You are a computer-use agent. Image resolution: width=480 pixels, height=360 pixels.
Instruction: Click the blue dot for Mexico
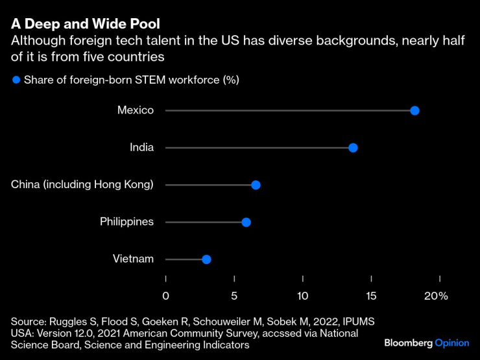coord(414,110)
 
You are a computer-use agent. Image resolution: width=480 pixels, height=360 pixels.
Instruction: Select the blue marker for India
coord(353,148)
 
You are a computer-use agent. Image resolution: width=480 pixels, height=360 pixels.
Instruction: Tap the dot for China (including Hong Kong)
coord(256,185)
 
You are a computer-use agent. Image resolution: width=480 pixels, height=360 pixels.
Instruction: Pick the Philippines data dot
coord(246,222)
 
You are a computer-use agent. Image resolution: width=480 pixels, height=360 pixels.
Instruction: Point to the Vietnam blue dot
coord(206,259)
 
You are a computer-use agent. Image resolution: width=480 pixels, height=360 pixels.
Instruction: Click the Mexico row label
coord(136,110)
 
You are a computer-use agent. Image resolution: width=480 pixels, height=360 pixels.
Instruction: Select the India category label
coord(141,147)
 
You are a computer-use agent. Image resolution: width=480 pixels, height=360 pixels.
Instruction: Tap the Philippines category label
coord(126,222)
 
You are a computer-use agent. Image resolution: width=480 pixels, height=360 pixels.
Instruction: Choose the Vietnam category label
coord(133,259)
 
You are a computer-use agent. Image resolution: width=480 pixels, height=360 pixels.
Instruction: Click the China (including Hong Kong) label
coord(82,185)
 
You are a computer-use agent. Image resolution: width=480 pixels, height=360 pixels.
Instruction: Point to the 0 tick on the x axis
coord(166,296)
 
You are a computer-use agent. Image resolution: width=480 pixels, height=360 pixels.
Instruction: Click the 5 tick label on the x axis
coord(234,296)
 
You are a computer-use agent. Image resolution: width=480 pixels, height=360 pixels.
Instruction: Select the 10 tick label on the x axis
coord(303,296)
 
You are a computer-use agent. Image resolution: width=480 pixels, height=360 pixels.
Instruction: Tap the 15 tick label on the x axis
coord(371,296)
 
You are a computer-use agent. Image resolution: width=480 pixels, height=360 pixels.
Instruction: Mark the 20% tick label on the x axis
coord(436,296)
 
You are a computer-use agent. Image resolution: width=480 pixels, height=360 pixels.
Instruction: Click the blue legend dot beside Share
coord(16,80)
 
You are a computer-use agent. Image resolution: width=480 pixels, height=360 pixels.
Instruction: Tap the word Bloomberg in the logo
coord(408,342)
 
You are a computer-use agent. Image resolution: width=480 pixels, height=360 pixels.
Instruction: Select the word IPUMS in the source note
coord(359,322)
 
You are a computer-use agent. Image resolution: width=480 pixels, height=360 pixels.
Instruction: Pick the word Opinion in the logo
coord(451,342)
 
